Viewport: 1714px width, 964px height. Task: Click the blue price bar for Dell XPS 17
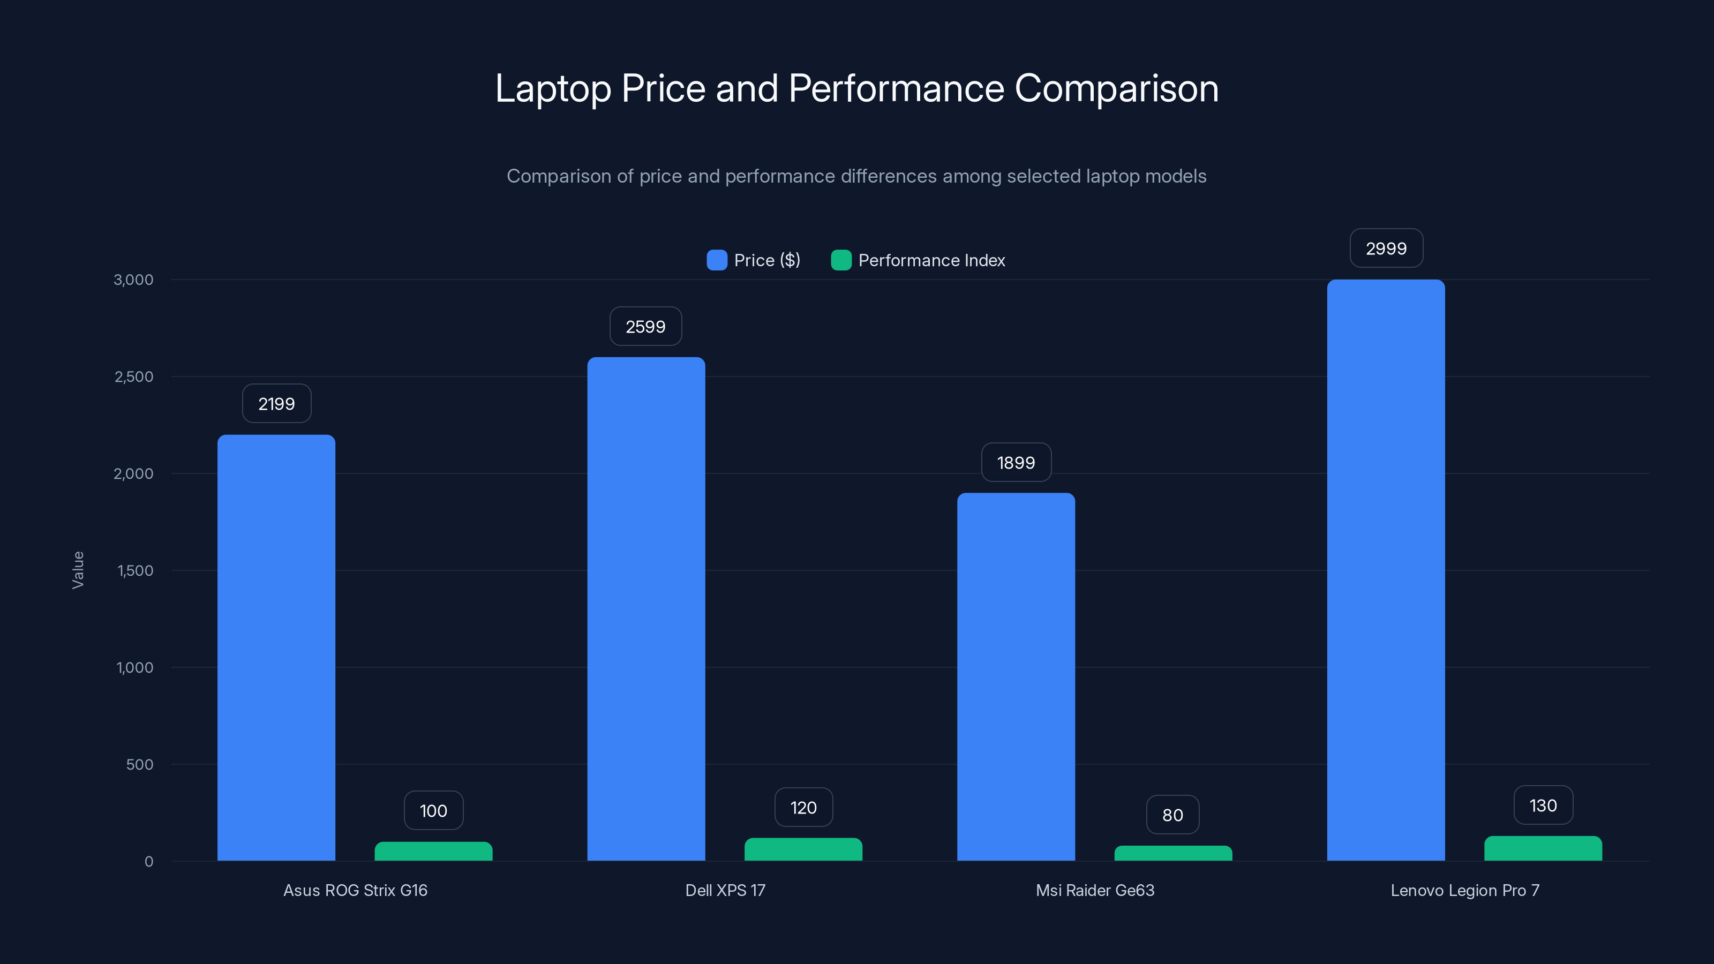(x=646, y=609)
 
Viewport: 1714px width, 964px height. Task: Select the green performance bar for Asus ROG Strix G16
(x=433, y=852)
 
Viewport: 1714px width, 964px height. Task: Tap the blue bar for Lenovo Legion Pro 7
(x=1386, y=570)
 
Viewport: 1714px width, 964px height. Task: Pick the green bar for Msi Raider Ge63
(x=1173, y=854)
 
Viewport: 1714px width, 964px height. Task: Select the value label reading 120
(x=803, y=808)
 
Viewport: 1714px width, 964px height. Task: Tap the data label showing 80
(x=1172, y=815)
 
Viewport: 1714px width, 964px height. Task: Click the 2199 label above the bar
(x=276, y=404)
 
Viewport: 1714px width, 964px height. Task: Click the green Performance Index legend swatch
(x=841, y=260)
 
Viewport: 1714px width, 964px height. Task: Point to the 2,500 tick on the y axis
(x=134, y=376)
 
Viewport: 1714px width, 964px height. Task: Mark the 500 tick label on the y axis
(x=140, y=764)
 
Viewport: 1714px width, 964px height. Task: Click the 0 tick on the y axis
(x=149, y=862)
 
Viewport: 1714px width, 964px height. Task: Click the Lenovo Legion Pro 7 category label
(x=1464, y=890)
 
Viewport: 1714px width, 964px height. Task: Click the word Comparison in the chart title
(x=1116, y=88)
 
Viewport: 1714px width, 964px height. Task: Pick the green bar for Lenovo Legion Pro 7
(x=1543, y=849)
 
